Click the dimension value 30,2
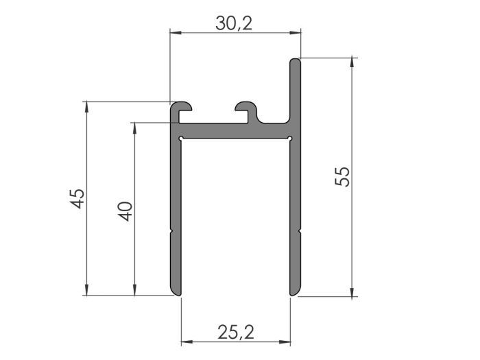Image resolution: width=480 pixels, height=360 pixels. pos(235,23)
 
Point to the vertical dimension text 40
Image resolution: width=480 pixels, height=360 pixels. pos(125,211)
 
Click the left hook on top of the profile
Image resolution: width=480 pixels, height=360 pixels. pos(182,108)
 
